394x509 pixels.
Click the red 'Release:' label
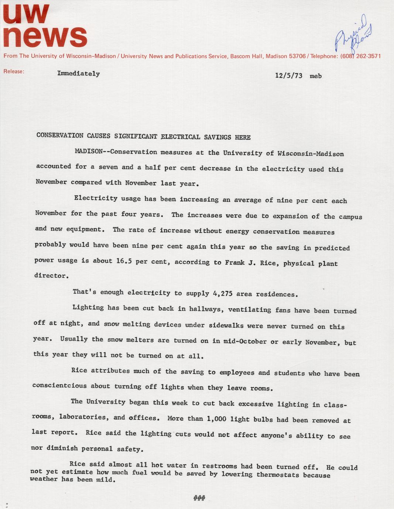click(14, 71)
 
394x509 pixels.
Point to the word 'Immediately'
click(78, 73)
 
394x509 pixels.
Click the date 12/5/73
click(289, 76)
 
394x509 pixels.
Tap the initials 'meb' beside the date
click(316, 76)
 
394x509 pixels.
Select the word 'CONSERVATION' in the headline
click(60, 135)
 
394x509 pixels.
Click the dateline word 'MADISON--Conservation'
click(116, 152)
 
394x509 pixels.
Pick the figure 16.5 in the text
click(124, 261)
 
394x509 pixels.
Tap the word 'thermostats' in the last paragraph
click(277, 474)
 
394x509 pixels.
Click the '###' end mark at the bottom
click(199, 498)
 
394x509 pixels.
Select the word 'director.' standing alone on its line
click(51, 276)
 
